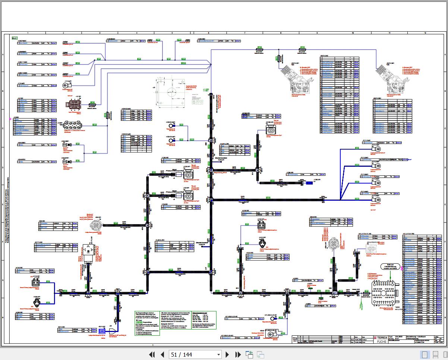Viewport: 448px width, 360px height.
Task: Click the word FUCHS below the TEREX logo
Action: (381, 341)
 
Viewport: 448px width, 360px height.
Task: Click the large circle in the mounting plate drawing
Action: (173, 92)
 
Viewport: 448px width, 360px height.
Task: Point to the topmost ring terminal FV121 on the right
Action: (377, 148)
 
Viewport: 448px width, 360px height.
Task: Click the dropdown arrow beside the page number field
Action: (219, 354)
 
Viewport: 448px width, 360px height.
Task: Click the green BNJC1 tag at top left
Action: (15, 38)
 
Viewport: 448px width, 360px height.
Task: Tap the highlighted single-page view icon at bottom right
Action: (425, 354)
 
